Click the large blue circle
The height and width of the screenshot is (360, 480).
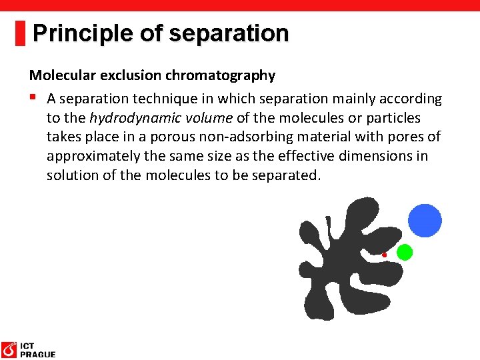click(425, 220)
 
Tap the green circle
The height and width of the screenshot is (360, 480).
click(404, 252)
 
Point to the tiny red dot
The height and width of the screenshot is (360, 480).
click(385, 255)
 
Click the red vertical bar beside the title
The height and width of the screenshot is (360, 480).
click(20, 32)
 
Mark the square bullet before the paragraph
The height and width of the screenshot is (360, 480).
click(33, 98)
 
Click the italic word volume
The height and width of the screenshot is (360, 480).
click(209, 118)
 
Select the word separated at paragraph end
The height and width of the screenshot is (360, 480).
click(288, 175)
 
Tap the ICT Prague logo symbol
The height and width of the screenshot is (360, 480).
click(9, 349)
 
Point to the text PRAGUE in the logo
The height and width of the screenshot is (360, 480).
click(38, 355)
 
